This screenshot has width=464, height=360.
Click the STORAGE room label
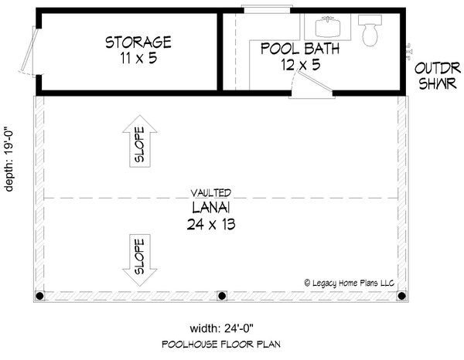[x=138, y=42]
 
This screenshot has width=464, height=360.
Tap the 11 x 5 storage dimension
[x=138, y=58]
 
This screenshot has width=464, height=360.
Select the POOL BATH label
[x=300, y=49]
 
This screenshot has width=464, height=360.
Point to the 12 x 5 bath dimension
[x=301, y=65]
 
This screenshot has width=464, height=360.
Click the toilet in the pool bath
[x=370, y=30]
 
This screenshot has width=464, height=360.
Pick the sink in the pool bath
[x=328, y=26]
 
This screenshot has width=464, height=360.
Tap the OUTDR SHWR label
[x=438, y=76]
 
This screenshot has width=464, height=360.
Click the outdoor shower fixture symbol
[x=408, y=52]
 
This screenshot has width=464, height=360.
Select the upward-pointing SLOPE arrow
[x=140, y=141]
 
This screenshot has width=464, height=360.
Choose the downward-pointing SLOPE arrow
[x=140, y=260]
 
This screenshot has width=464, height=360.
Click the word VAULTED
[x=210, y=193]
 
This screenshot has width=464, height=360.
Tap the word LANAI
[x=211, y=208]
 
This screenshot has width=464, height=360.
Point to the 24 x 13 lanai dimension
[x=211, y=224]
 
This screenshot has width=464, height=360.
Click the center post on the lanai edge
[x=222, y=296]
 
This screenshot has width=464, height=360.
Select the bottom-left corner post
[x=39, y=296]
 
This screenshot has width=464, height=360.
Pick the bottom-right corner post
[x=401, y=296]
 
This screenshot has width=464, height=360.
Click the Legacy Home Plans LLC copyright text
[x=350, y=284]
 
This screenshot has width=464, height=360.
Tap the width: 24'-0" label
[x=222, y=328]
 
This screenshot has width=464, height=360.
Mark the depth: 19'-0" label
[x=9, y=159]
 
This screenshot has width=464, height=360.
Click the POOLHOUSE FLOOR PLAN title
[x=221, y=345]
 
